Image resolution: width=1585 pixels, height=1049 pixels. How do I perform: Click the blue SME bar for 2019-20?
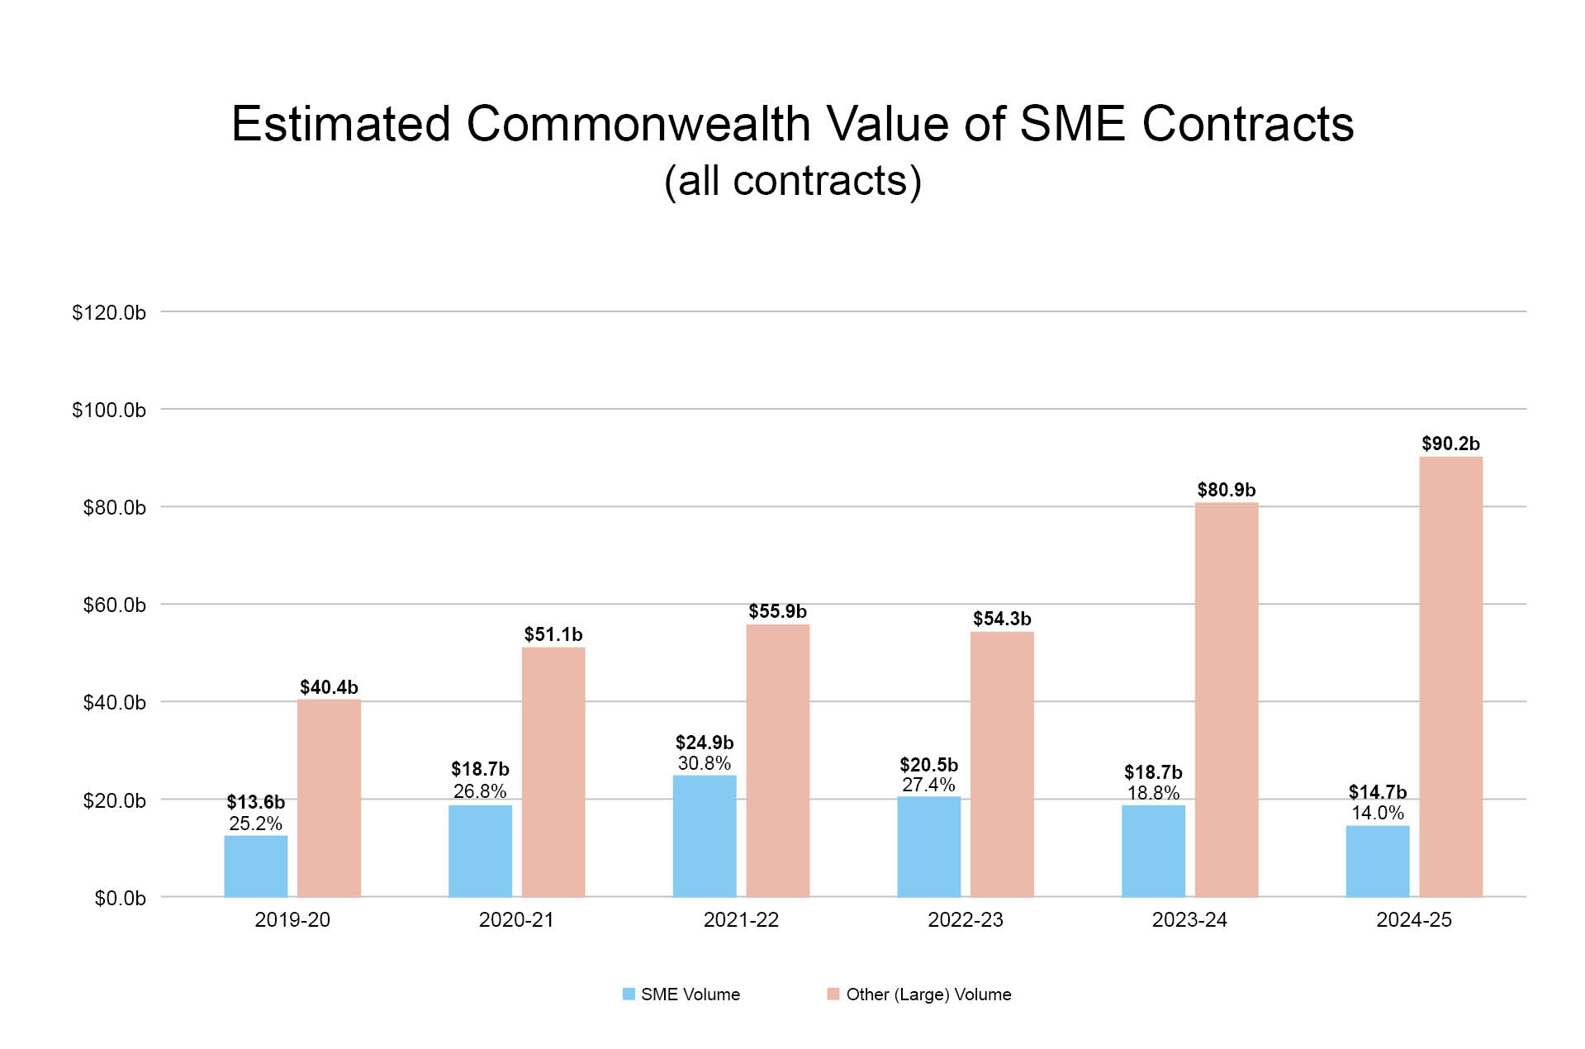click(x=255, y=866)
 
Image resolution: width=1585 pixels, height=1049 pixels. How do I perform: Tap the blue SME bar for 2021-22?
click(x=704, y=835)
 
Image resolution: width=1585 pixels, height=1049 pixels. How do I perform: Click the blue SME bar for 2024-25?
click(x=1377, y=861)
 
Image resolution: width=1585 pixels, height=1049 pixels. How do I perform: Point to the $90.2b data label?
click(x=1450, y=444)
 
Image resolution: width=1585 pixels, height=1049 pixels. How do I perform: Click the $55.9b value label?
click(x=777, y=611)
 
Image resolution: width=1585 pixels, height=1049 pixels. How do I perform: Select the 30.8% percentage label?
click(x=704, y=763)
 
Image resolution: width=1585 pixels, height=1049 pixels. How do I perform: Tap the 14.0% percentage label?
click(x=1377, y=813)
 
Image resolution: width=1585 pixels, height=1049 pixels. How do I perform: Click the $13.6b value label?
click(x=255, y=802)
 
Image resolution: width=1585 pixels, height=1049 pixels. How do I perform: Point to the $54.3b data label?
click(x=1001, y=619)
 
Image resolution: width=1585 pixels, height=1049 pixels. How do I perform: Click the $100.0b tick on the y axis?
click(x=109, y=410)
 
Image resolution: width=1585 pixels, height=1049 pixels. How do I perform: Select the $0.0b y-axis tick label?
click(x=120, y=898)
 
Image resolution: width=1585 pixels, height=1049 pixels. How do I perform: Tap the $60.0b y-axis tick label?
click(x=114, y=605)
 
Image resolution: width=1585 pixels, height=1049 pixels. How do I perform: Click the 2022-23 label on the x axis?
click(x=965, y=920)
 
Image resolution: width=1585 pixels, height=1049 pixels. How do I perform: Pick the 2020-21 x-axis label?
click(x=516, y=920)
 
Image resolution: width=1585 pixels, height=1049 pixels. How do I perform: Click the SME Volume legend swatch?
click(x=629, y=994)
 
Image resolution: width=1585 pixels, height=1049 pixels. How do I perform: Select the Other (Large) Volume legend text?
click(x=928, y=994)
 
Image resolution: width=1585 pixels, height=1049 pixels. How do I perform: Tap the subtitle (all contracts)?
click(x=792, y=181)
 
